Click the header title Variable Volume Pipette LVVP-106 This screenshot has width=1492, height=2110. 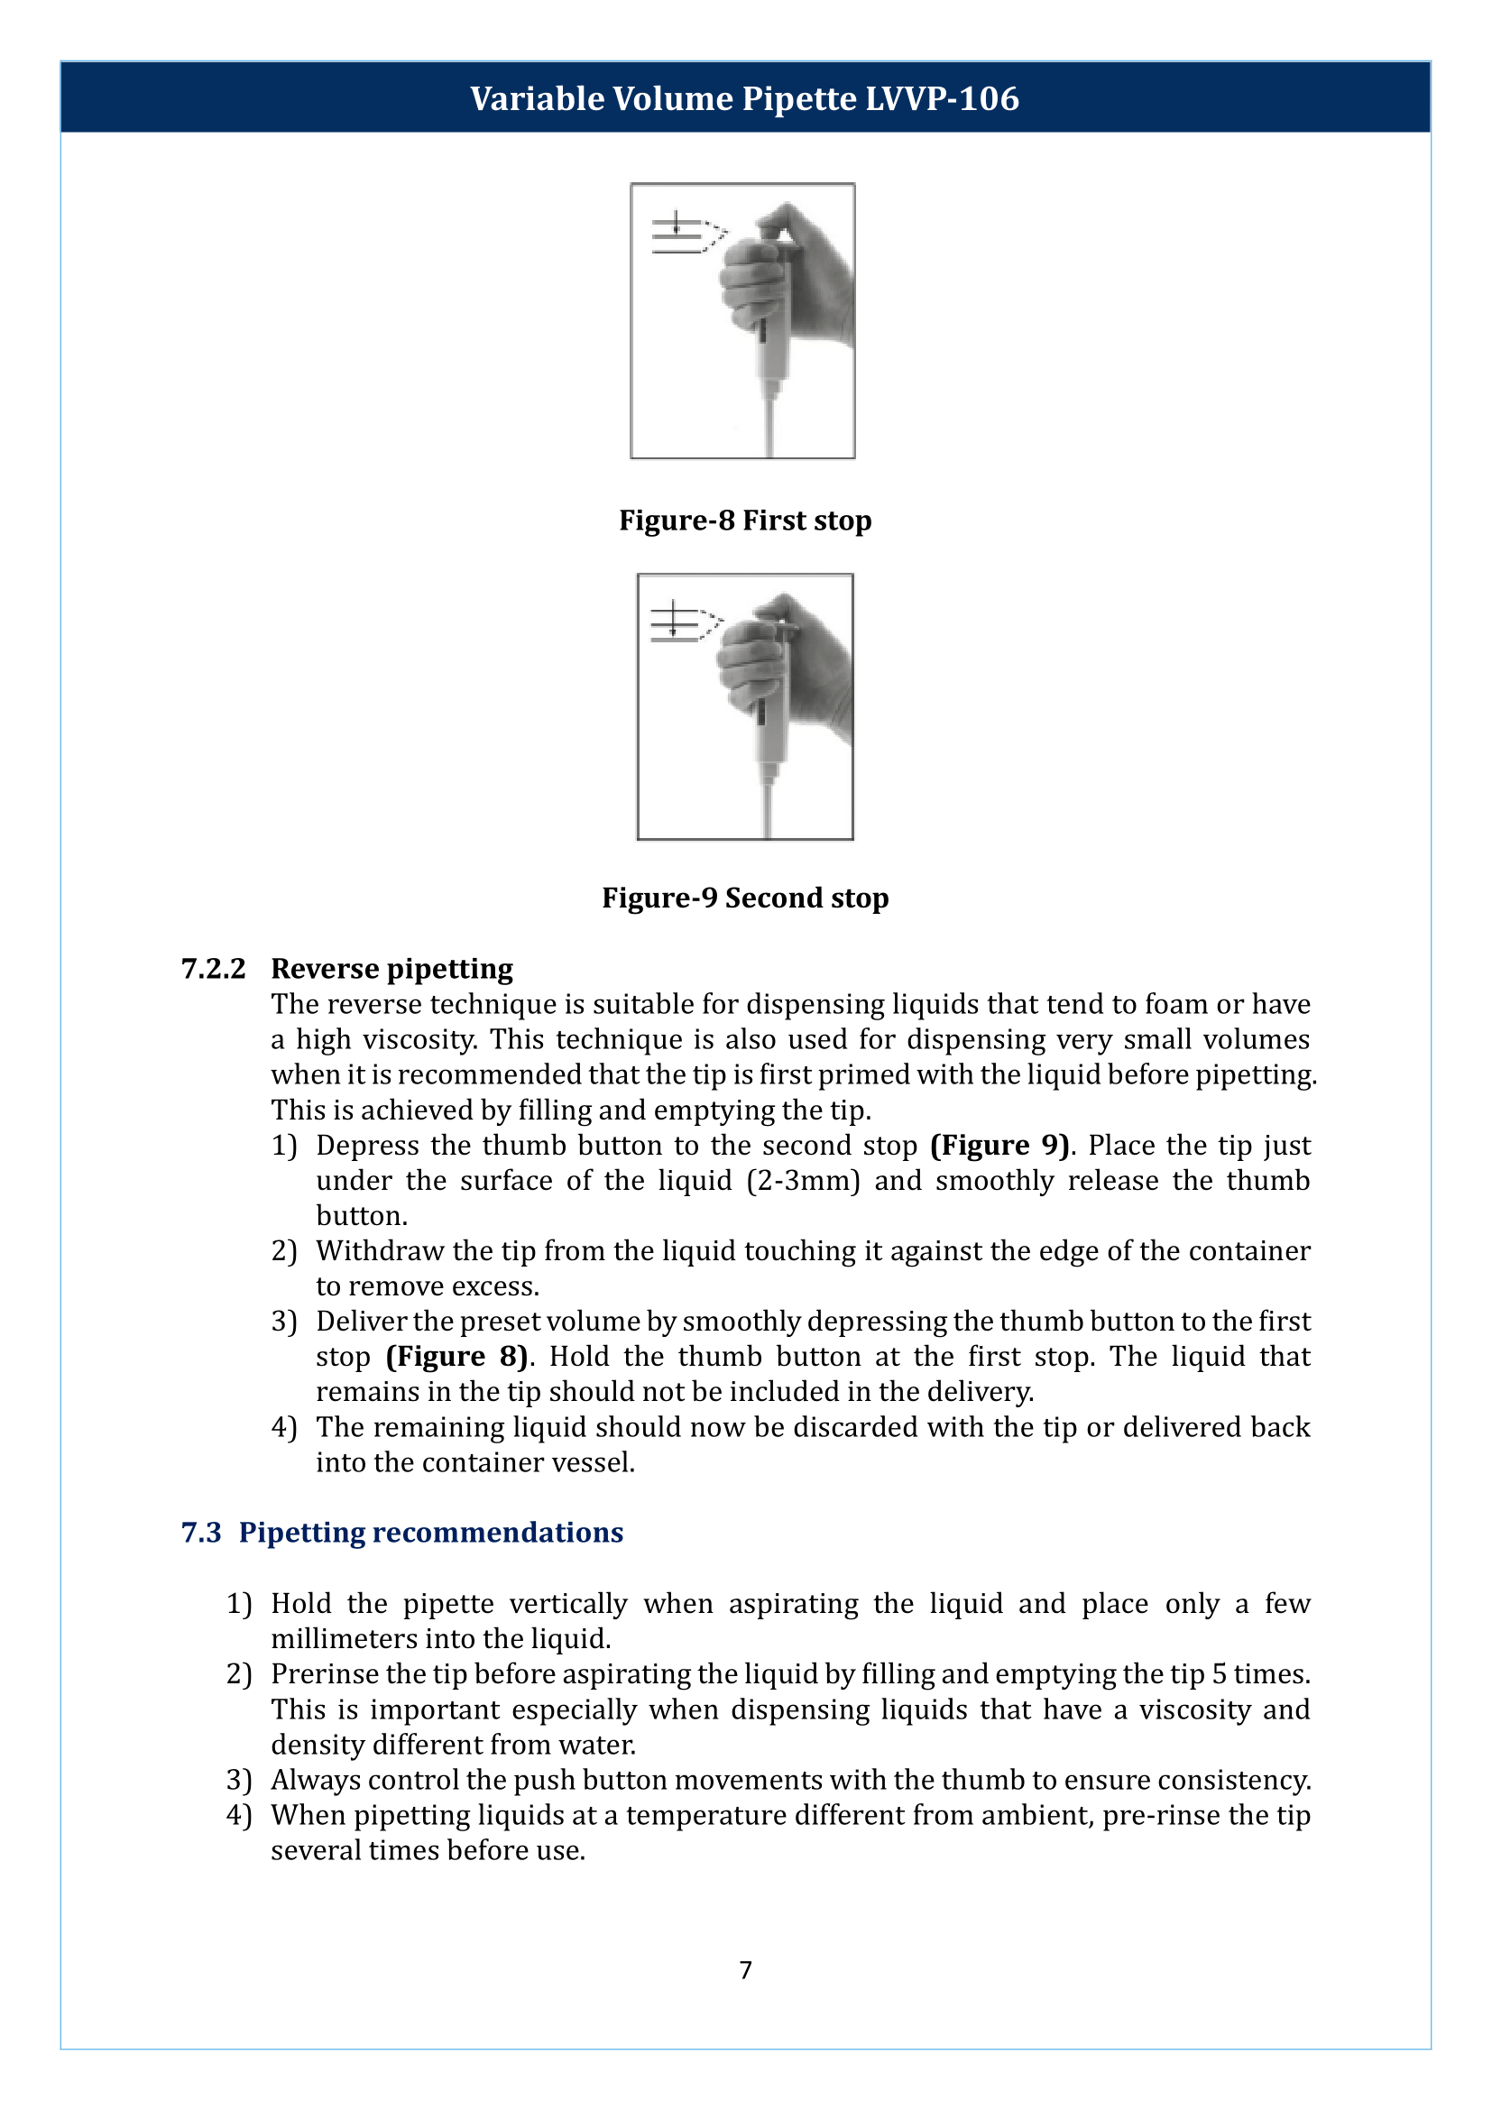(x=744, y=98)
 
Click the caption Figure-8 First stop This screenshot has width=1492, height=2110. (x=745, y=521)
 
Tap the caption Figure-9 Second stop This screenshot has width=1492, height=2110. (x=745, y=898)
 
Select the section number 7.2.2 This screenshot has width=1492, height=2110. (x=213, y=969)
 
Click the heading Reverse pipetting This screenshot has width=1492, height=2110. (x=391, y=969)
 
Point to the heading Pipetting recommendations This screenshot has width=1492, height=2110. (x=431, y=1532)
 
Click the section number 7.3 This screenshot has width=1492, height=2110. (x=201, y=1532)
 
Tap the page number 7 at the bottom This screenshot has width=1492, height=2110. (x=745, y=1969)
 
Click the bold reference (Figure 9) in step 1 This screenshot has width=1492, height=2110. (x=999, y=1145)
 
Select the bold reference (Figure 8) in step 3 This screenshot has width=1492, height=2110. (x=456, y=1357)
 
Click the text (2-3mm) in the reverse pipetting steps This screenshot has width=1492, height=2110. (x=802, y=1181)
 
